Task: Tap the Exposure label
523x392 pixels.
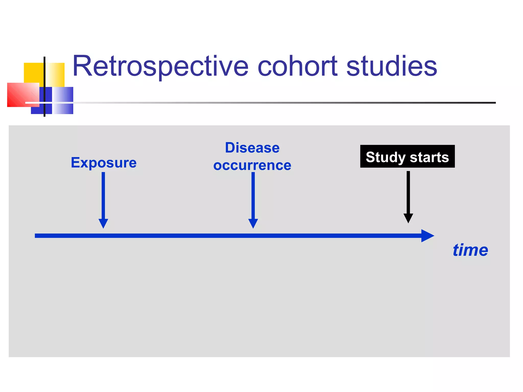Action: click(104, 163)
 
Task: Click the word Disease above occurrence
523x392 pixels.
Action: click(252, 148)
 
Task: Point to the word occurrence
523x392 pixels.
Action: click(252, 165)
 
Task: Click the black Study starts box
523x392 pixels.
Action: click(407, 156)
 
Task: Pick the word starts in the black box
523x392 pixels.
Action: click(429, 157)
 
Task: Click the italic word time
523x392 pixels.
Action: click(470, 250)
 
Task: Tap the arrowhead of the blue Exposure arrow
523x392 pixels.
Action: click(103, 223)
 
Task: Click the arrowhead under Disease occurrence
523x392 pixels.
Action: click(253, 223)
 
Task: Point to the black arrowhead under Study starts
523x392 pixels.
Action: click(408, 218)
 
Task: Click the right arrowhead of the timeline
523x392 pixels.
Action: click(427, 236)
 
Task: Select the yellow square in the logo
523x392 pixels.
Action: click(33, 73)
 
